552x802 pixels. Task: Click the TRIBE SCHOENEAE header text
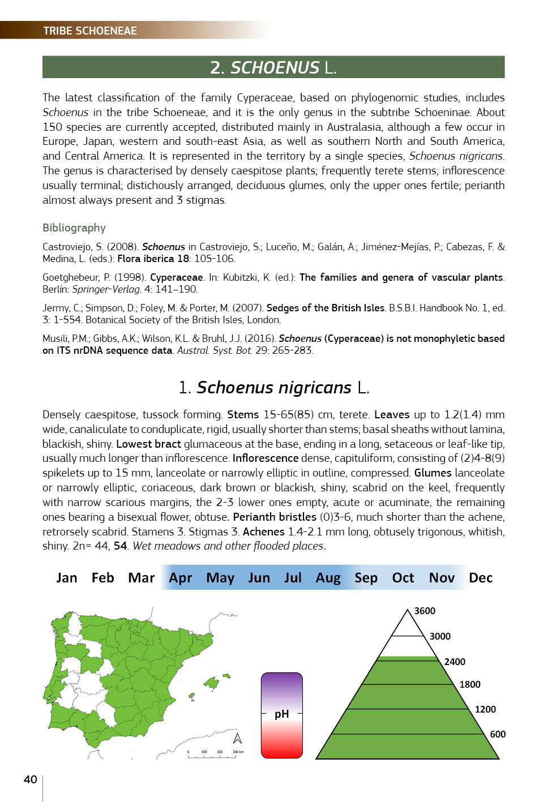(x=90, y=31)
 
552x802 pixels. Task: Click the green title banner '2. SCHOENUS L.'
(x=273, y=67)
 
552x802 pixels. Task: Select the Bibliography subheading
(x=74, y=228)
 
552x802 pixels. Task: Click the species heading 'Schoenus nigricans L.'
(x=273, y=387)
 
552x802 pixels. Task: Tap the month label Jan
(x=67, y=577)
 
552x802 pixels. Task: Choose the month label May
(x=220, y=577)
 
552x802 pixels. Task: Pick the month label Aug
(x=328, y=577)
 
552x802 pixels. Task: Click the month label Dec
(x=481, y=577)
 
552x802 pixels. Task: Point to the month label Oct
(x=403, y=577)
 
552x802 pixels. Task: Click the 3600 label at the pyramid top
(x=425, y=611)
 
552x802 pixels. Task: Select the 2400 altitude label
(x=455, y=662)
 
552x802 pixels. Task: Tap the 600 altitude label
(x=498, y=734)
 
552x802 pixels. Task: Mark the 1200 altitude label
(x=485, y=709)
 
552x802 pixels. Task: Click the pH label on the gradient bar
(x=281, y=714)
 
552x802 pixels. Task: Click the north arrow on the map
(x=237, y=738)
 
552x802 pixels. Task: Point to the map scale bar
(x=215, y=754)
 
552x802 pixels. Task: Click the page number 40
(x=31, y=779)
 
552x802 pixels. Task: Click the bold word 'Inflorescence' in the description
(x=265, y=458)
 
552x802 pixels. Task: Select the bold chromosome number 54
(x=120, y=546)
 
